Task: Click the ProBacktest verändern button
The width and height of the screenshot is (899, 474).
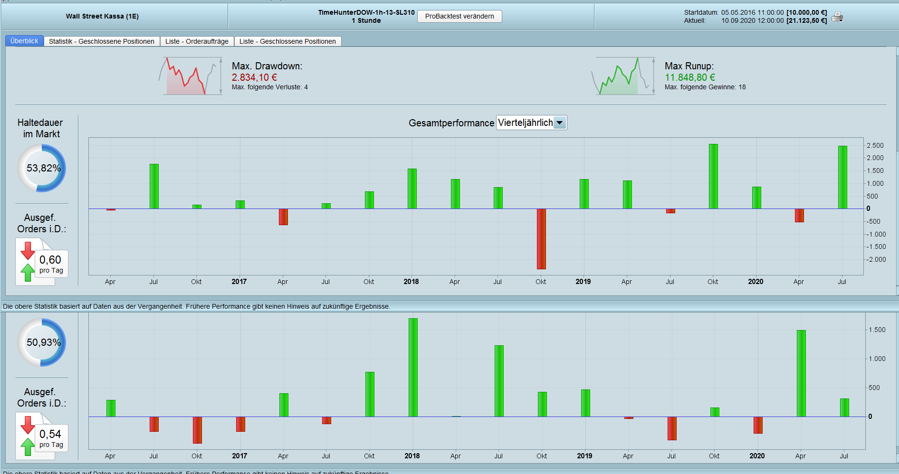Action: coord(459,17)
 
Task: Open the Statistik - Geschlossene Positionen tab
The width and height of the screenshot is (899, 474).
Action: coord(101,41)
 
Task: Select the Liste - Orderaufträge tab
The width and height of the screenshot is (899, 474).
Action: coord(197,41)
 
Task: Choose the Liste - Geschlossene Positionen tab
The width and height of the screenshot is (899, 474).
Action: coord(287,41)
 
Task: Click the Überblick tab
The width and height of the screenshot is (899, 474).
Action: coord(24,41)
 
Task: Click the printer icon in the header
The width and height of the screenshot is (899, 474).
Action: coord(837,17)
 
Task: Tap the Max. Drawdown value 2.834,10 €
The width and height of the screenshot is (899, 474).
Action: coord(254,77)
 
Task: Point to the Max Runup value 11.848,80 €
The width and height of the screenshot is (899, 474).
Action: coord(689,77)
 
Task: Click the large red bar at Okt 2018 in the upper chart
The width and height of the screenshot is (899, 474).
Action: coord(541,238)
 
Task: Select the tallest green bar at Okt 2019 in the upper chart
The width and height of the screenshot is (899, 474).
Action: coord(713,176)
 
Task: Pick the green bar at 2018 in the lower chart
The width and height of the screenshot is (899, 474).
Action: coord(413,367)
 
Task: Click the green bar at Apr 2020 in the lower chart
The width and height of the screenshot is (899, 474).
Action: coord(801,373)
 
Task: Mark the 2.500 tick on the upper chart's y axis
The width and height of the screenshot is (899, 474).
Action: coord(875,145)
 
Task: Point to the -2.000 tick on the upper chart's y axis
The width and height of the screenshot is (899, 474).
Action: coord(876,259)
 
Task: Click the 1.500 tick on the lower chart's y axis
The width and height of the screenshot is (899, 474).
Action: coord(877,330)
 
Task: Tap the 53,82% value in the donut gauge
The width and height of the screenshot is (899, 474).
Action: coord(43,168)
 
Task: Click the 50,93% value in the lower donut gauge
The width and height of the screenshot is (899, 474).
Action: coord(43,342)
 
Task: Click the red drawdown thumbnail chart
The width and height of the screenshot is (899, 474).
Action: coord(190,76)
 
